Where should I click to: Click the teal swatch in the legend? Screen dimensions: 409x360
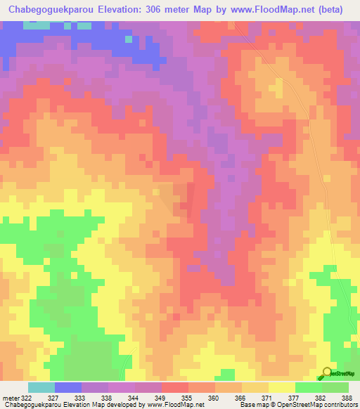pos(41,387)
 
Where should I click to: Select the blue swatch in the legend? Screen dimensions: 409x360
pos(68,387)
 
